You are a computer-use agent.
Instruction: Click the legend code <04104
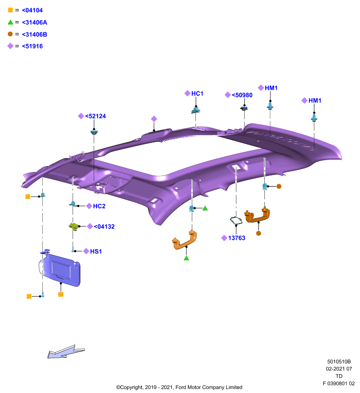point(32,10)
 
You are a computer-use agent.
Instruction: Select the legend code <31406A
point(34,22)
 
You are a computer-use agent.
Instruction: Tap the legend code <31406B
point(34,34)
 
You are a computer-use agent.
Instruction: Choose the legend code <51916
point(32,46)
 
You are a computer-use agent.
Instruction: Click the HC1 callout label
point(197,93)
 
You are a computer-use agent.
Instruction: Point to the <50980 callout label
point(242,95)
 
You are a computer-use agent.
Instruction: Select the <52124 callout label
point(96,116)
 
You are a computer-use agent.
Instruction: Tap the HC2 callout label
point(99,206)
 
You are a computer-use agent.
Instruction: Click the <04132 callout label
point(104,226)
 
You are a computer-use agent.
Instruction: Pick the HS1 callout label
point(96,252)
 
